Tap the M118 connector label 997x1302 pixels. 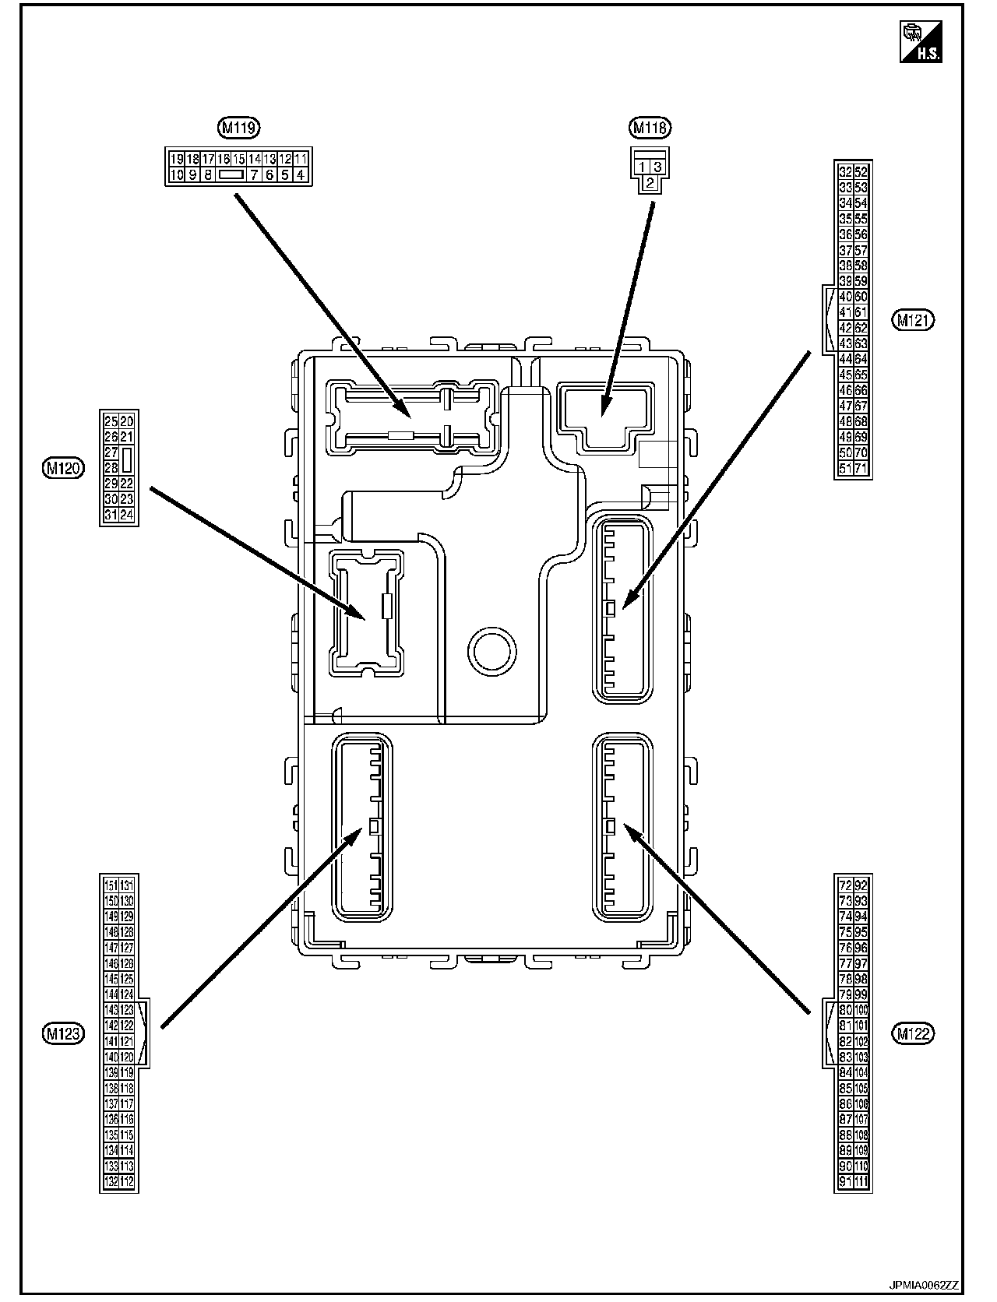pos(650,127)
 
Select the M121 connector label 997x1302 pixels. pos(914,319)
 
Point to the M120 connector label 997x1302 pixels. pos(64,467)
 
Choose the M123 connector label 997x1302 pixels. pos(64,1033)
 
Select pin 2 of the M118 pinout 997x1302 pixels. pos(649,183)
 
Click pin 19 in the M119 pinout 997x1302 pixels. pos(177,159)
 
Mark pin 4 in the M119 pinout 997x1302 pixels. pos(301,175)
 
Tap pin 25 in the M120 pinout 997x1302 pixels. pos(111,421)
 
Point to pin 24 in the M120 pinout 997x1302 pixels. pos(127,515)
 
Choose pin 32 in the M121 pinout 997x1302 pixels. pos(845,172)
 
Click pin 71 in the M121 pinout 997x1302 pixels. pos(861,469)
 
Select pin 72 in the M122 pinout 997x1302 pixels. pos(845,885)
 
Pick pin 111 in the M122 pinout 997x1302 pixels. pos(861,1182)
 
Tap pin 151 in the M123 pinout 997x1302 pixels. pos(111,885)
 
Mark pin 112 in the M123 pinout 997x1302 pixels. pos(127,1182)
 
